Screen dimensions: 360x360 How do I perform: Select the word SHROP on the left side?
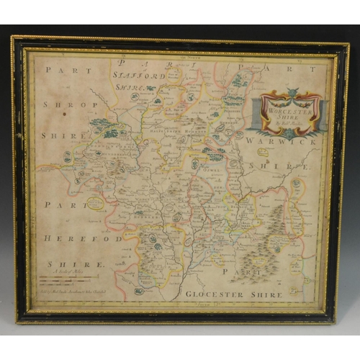click(x=63, y=102)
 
